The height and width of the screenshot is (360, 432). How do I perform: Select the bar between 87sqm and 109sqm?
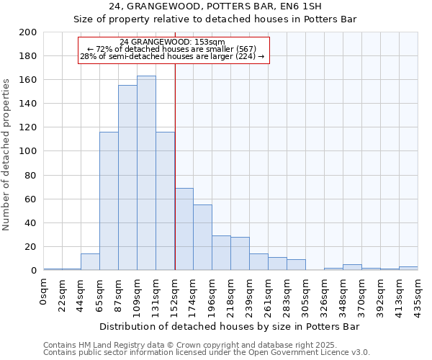pos(127,178)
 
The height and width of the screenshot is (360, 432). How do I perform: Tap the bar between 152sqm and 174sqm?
pos(184,229)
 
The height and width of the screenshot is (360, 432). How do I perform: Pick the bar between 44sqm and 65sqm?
pos(90,262)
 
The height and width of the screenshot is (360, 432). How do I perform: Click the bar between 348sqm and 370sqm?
pos(352,267)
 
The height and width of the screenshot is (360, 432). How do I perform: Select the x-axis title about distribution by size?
pos(230,326)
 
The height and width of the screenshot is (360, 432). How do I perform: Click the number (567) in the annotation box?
pos(253,49)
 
